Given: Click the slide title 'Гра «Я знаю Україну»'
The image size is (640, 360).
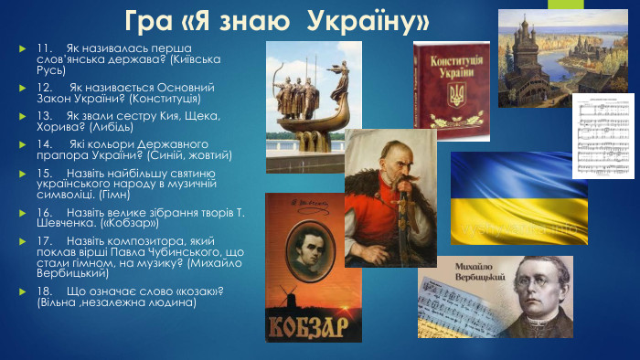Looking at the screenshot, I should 277,20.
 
